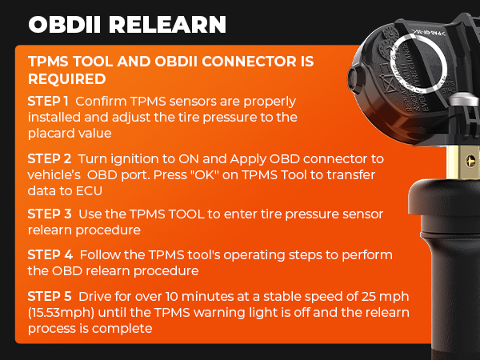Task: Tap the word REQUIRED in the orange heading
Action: click(67, 80)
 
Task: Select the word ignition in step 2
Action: click(129, 158)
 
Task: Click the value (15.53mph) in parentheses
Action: click(63, 312)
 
